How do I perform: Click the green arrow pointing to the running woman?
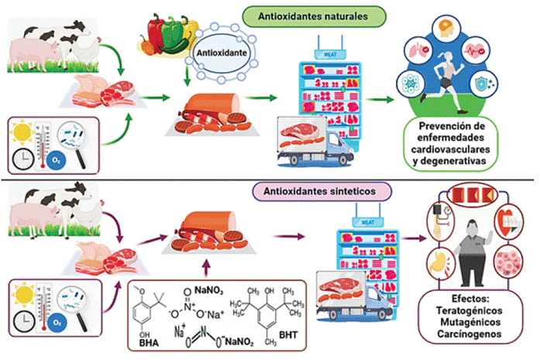pyautogui.click(x=380, y=99)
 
